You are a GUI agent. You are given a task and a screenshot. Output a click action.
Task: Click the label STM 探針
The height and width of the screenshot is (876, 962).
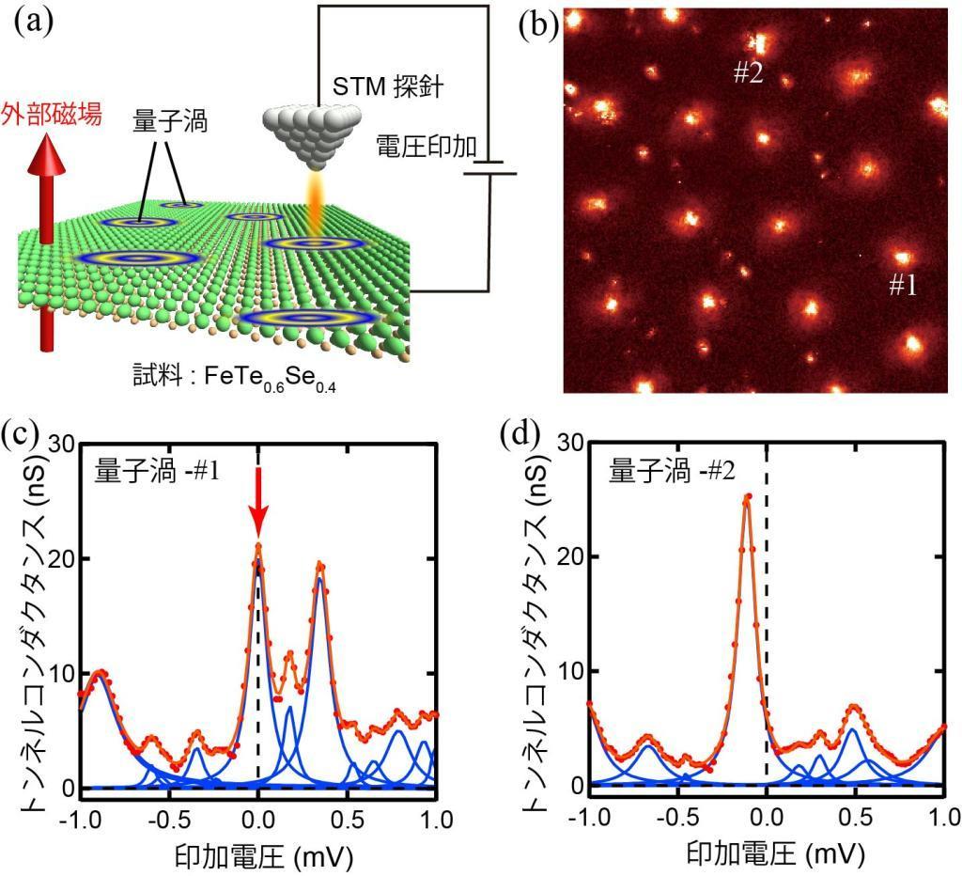pyautogui.click(x=388, y=89)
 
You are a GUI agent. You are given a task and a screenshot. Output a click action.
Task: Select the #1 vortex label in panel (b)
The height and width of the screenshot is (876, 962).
pyautogui.click(x=902, y=286)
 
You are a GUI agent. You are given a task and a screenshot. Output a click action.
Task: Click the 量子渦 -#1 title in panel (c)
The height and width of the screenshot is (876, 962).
pyautogui.click(x=157, y=470)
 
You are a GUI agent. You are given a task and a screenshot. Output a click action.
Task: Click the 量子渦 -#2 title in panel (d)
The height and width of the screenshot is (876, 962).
pyautogui.click(x=670, y=470)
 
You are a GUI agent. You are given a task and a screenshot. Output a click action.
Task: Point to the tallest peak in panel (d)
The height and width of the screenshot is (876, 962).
pyautogui.click(x=748, y=497)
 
